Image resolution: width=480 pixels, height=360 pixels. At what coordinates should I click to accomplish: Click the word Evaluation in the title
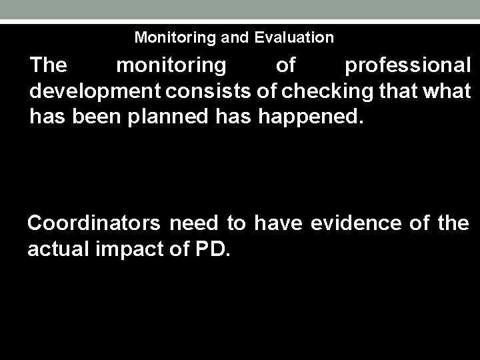[x=294, y=37]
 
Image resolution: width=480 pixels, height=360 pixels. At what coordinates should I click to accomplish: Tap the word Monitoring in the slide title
[x=175, y=37]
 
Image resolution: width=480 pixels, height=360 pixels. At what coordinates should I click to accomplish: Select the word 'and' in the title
[x=235, y=37]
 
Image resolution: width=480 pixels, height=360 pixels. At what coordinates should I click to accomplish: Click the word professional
[x=407, y=66]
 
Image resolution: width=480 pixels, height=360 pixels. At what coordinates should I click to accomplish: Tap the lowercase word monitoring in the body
[x=171, y=66]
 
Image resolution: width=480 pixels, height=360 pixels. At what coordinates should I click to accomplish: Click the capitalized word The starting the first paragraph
[x=49, y=66]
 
